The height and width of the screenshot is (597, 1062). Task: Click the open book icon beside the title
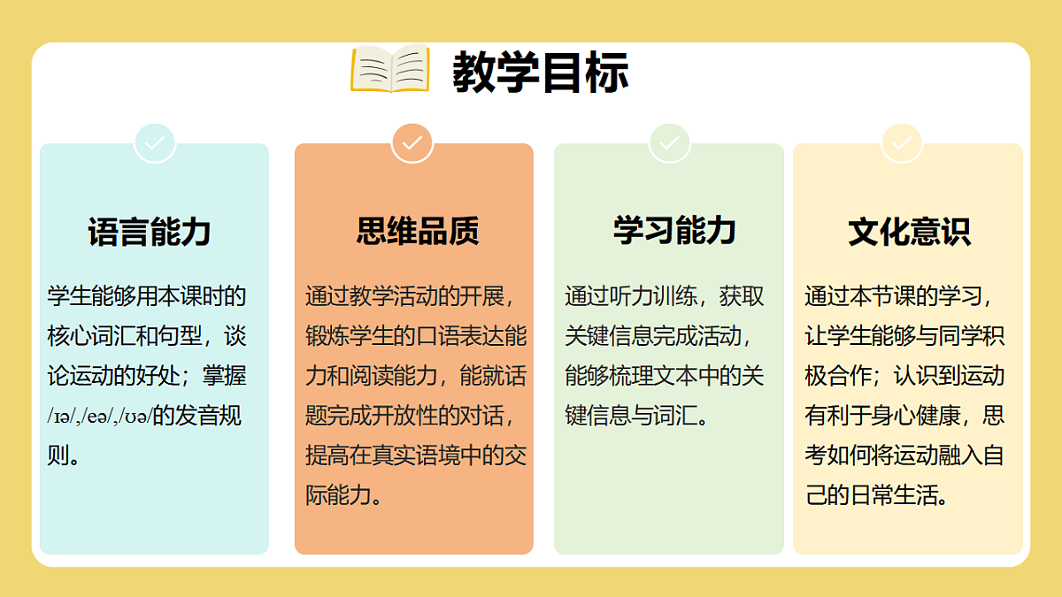point(390,68)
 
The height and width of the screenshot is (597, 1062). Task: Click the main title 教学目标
point(540,72)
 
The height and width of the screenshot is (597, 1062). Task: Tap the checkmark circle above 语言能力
point(155,142)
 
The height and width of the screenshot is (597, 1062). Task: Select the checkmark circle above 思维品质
point(412,142)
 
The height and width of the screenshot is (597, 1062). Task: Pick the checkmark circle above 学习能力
point(669,142)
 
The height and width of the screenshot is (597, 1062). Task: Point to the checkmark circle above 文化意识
point(902,142)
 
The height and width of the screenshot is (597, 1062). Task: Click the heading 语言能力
point(150,232)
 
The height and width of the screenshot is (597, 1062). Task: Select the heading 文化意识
point(909,231)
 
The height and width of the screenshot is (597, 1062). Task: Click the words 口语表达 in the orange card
point(450,336)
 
